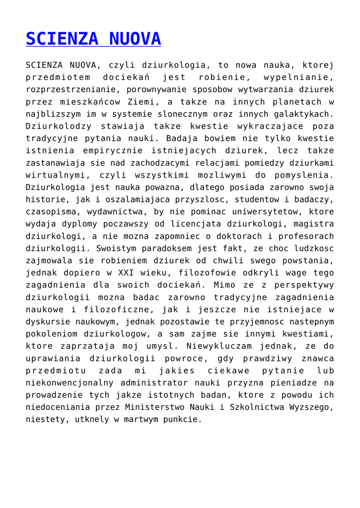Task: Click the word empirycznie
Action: (x=113, y=151)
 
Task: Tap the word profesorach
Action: (x=301, y=236)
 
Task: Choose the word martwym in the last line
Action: (x=127, y=419)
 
